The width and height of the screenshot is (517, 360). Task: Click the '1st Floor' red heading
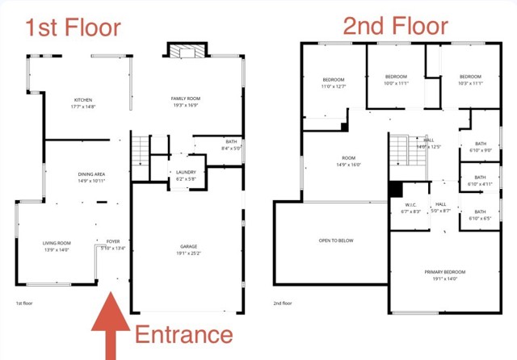(x=73, y=27)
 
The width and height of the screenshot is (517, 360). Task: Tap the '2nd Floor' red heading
(x=395, y=26)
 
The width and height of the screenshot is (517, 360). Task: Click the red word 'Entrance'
(x=183, y=334)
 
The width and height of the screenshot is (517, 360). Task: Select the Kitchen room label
(x=84, y=103)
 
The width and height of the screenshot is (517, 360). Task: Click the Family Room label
(x=185, y=102)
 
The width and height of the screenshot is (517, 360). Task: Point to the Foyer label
(x=112, y=245)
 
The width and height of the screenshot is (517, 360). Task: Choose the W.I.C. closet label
(x=410, y=207)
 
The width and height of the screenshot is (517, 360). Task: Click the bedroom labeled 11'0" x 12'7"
(x=334, y=82)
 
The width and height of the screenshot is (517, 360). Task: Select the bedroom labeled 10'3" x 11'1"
(x=469, y=80)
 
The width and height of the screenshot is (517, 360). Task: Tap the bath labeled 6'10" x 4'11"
(x=480, y=181)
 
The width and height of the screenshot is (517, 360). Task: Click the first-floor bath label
(x=231, y=144)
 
